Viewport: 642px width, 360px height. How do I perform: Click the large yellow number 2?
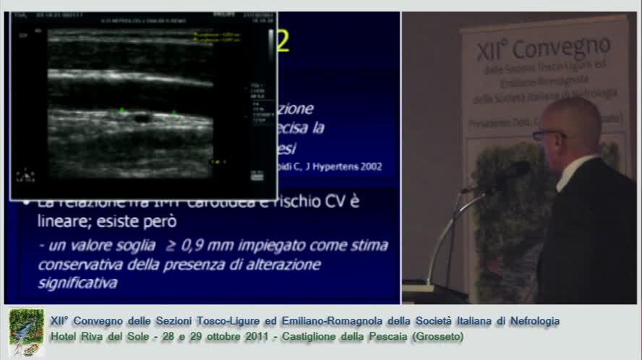click(283, 40)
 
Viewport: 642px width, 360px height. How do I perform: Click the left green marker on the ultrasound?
click(121, 111)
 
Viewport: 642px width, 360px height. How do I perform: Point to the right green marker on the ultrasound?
click(174, 112)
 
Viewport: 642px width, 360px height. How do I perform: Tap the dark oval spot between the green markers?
click(142, 117)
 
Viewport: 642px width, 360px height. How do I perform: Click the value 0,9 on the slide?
click(215, 246)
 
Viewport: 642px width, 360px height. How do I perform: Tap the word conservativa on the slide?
click(74, 265)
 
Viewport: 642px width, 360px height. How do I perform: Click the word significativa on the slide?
click(77, 283)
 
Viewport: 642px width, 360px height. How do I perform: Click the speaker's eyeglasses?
click(547, 134)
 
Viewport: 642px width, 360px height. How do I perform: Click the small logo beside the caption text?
click(26, 332)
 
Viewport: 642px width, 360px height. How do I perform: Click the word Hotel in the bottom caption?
click(65, 337)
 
